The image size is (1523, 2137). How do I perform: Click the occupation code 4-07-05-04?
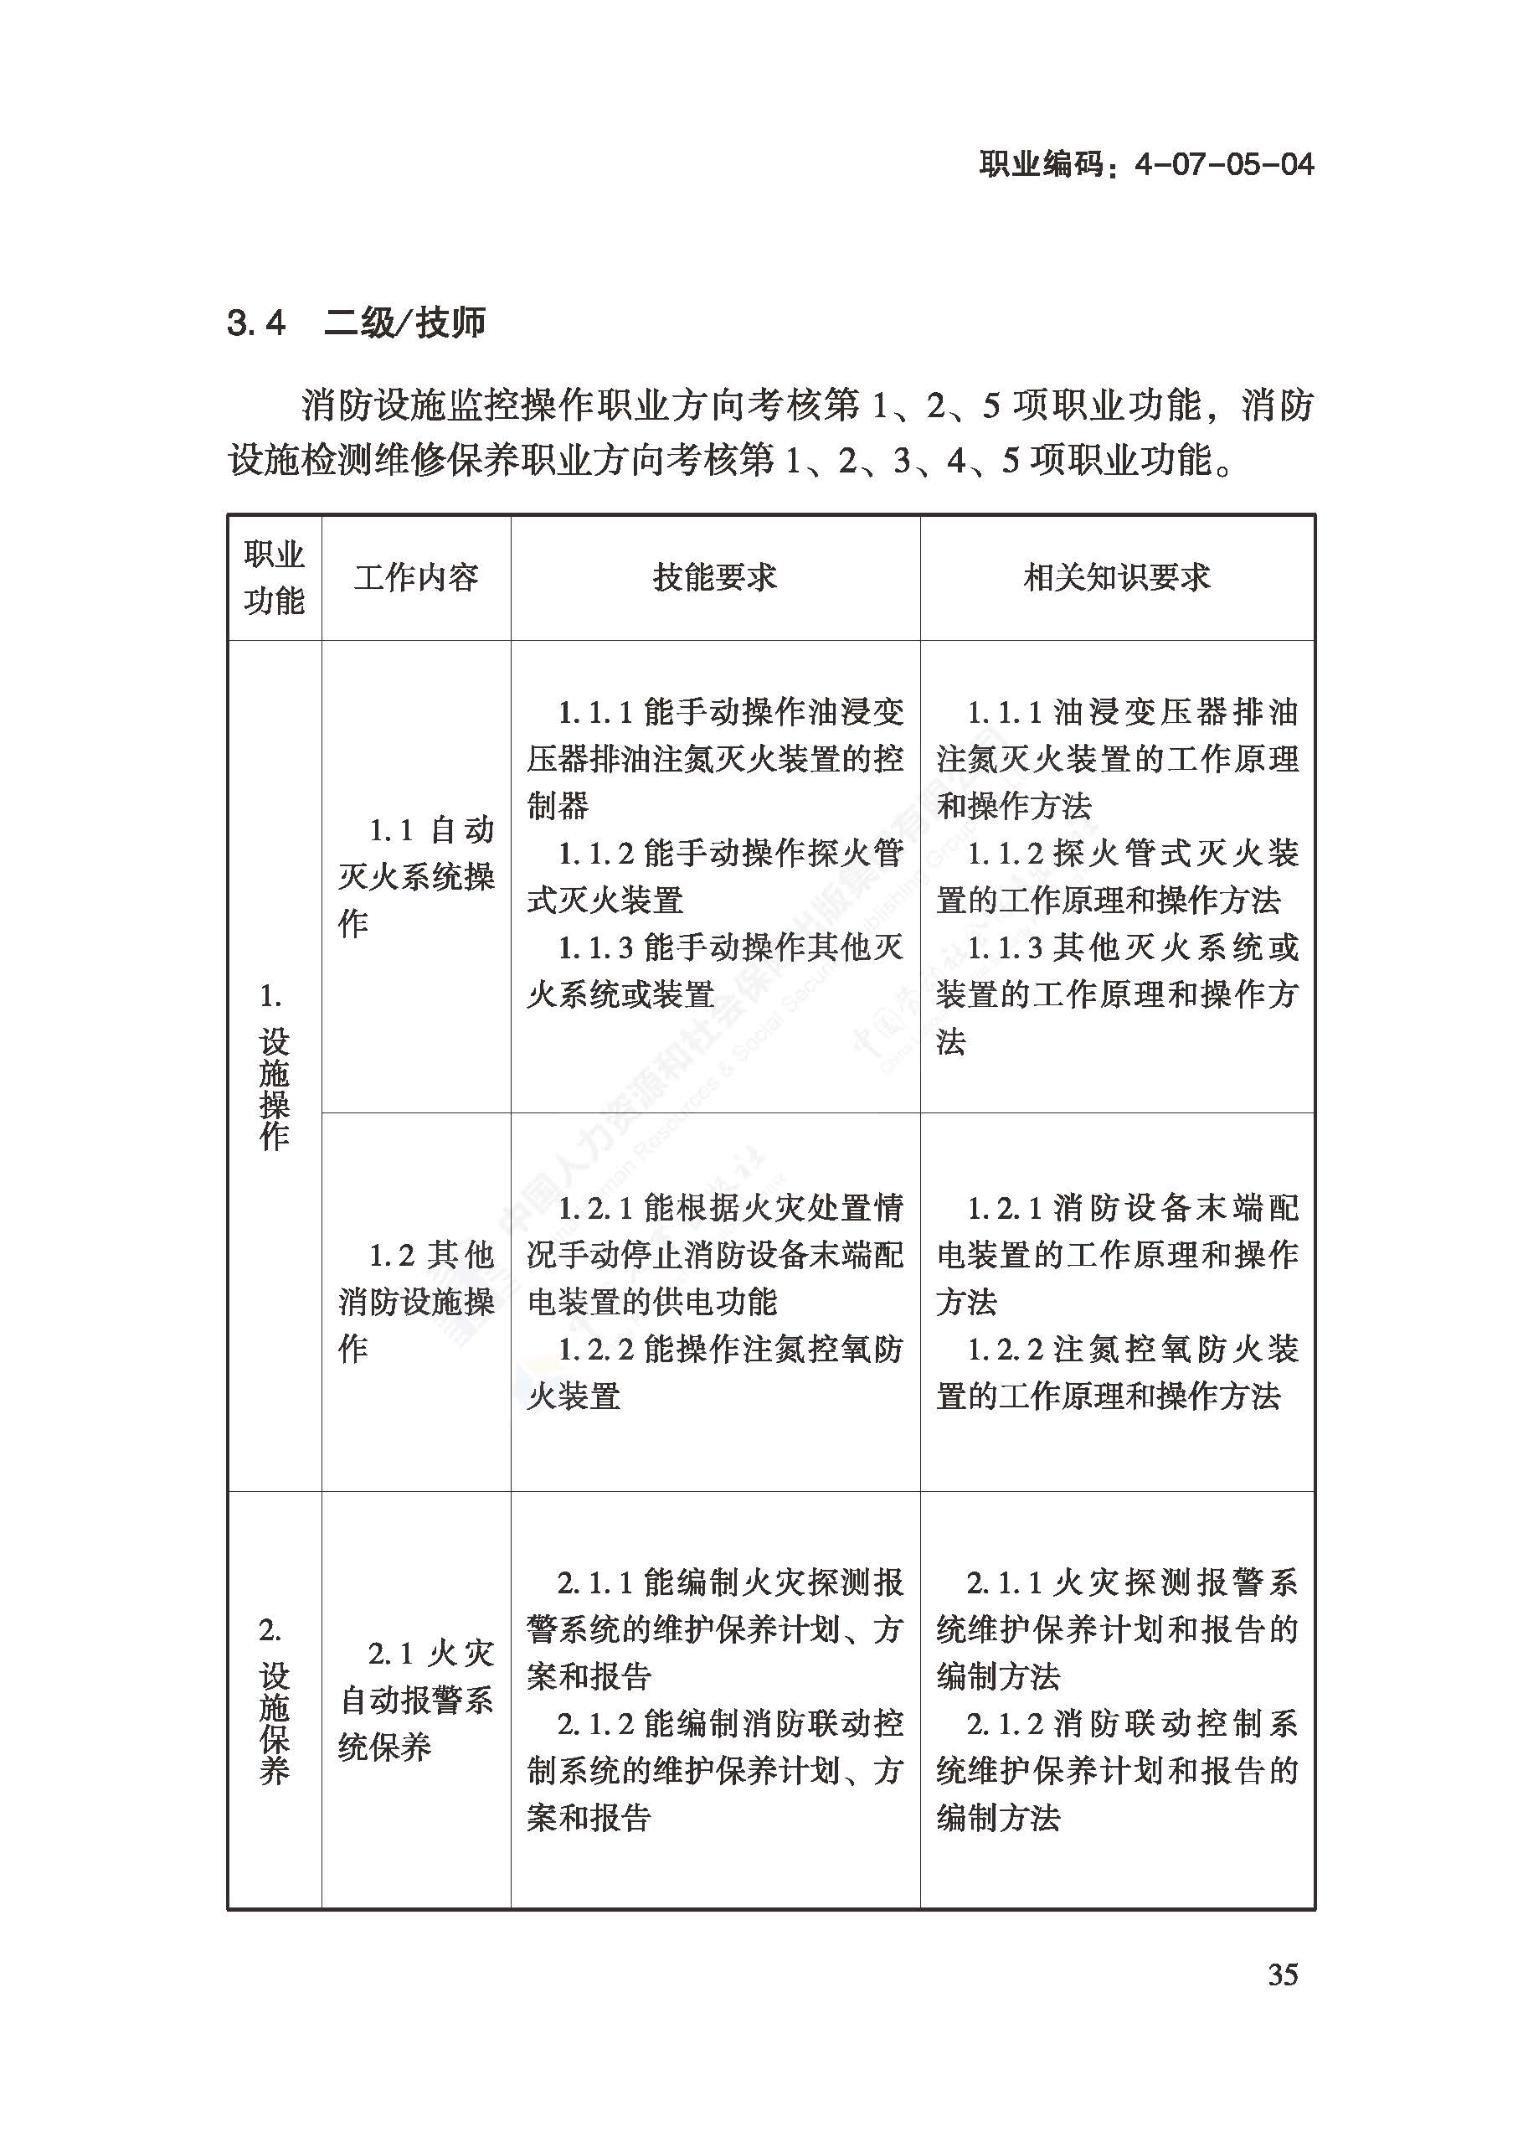(1223, 165)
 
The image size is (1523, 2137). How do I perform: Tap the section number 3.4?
(255, 323)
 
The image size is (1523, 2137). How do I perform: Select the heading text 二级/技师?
(404, 323)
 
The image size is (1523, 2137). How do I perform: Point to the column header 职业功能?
(274, 577)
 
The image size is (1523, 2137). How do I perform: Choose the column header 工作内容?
(415, 577)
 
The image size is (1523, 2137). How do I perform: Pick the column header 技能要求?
(714, 577)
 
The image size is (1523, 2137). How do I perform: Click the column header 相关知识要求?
(1117, 577)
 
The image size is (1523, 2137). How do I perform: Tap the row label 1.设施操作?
(274, 1066)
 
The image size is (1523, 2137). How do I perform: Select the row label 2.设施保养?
(274, 1701)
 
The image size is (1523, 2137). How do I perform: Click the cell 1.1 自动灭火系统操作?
(415, 876)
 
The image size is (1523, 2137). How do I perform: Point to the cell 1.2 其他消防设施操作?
(415, 1301)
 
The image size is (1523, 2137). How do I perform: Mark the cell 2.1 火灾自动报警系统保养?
(415, 1700)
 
